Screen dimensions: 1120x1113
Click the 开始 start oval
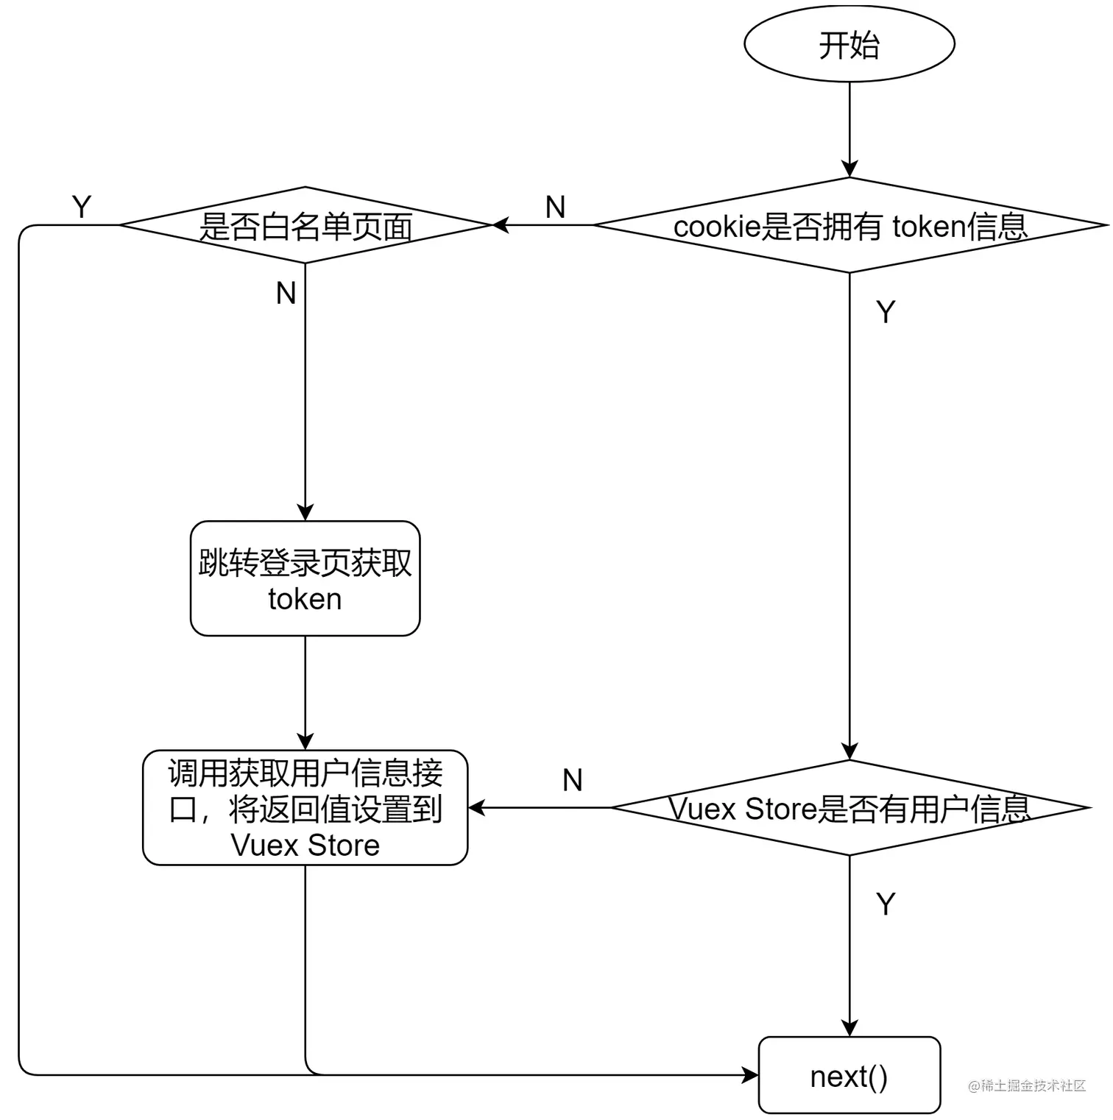[849, 44]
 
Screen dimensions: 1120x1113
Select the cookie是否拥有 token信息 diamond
[849, 226]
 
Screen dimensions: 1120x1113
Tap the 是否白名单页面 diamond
[305, 226]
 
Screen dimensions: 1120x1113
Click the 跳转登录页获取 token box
[305, 579]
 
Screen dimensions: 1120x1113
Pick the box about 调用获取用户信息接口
[305, 808]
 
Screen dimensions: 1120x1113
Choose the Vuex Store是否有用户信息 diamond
[849, 808]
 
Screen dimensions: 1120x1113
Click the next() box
[849, 1076]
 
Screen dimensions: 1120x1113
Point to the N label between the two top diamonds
[556, 208]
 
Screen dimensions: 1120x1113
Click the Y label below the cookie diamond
[886, 313]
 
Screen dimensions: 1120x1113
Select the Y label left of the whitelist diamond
[82, 207]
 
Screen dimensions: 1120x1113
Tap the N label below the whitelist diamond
[286, 294]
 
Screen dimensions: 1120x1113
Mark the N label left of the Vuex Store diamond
[573, 780]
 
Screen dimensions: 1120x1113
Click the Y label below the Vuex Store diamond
[886, 904]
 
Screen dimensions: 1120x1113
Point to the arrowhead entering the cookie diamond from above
[849, 169]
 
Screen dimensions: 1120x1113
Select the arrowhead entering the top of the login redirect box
[305, 513]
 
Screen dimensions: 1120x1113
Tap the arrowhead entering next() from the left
[750, 1075]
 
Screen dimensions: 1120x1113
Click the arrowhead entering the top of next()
[849, 1029]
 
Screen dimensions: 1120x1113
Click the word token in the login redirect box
[305, 600]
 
